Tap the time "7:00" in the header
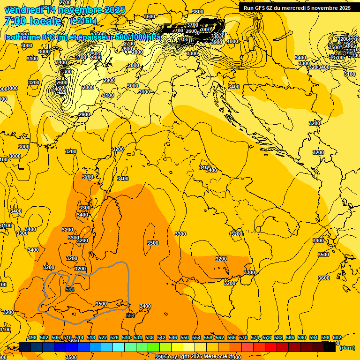[x=15, y=21]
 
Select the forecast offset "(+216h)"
[x=83, y=21]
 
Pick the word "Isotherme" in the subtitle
[x=22, y=37]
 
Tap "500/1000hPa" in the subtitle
[x=139, y=37]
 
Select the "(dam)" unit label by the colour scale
[x=346, y=348]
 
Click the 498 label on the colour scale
[x=32, y=337]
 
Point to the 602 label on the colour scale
[x=336, y=337]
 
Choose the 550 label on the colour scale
[x=184, y=337]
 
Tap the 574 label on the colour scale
[x=255, y=337]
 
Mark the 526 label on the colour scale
[x=114, y=337]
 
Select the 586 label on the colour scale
[x=290, y=337]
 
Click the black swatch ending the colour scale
[x=330, y=347]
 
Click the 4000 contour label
[x=232, y=41]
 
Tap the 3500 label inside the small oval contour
[x=152, y=243]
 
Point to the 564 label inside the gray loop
[x=70, y=290]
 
